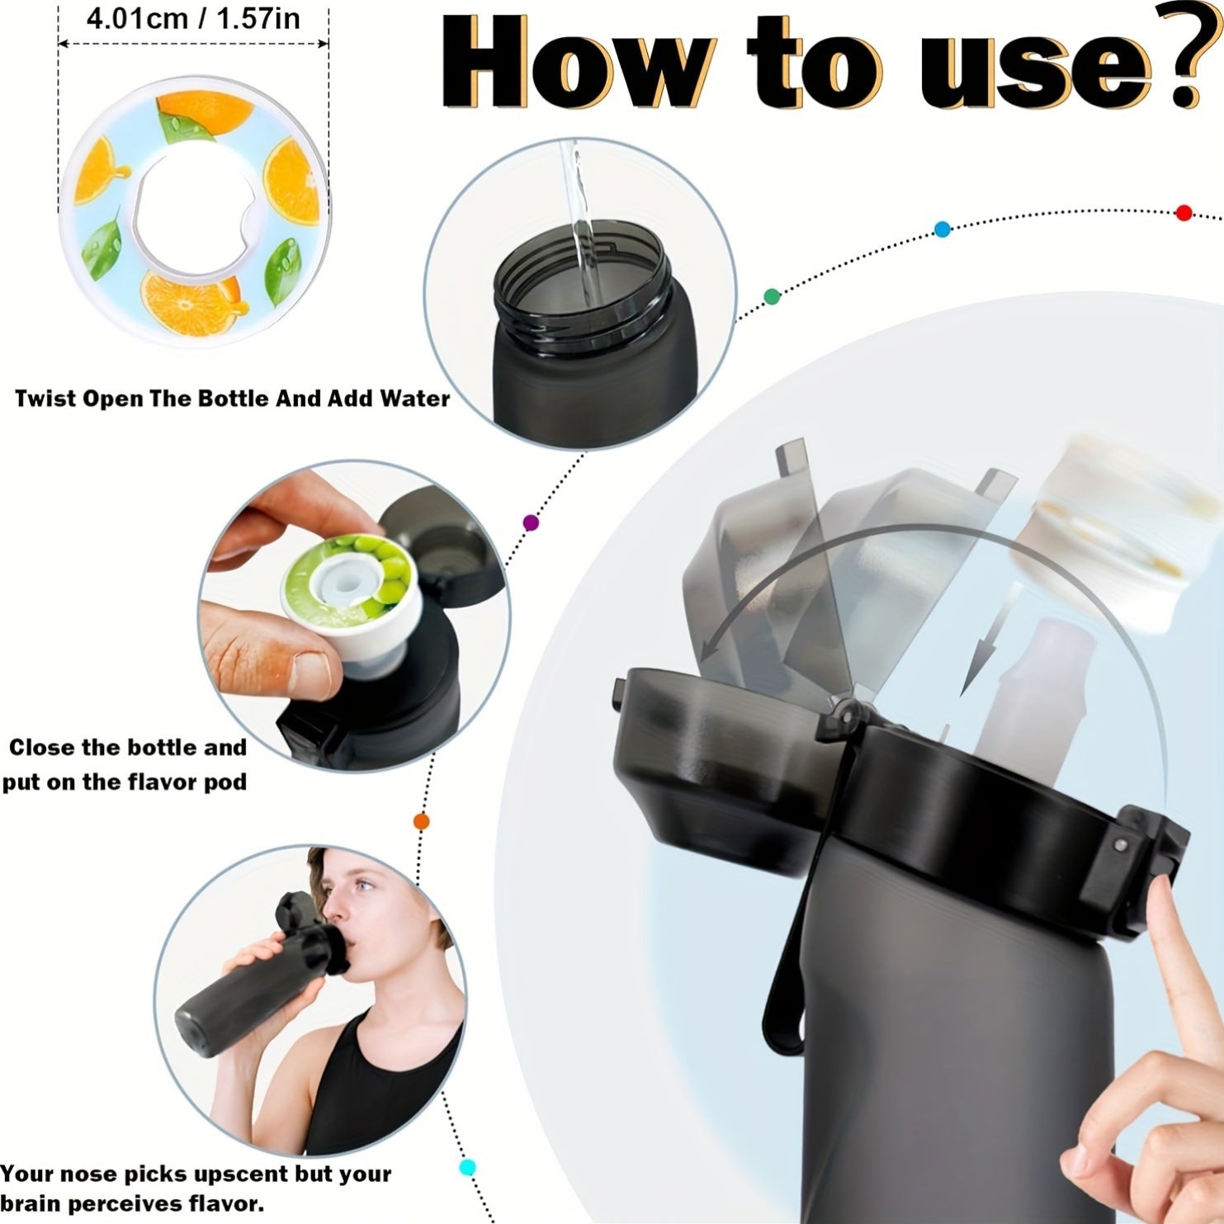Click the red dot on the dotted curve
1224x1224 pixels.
pos(1184,213)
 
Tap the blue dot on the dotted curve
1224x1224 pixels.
pos(942,229)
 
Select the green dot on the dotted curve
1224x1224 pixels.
pos(772,297)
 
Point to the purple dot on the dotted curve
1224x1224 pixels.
pos(531,522)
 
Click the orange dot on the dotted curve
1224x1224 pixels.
pos(421,821)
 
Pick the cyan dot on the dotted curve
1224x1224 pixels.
pos(467,1167)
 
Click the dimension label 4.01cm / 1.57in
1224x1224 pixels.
pos(193,18)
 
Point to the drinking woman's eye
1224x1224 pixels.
pos(364,887)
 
